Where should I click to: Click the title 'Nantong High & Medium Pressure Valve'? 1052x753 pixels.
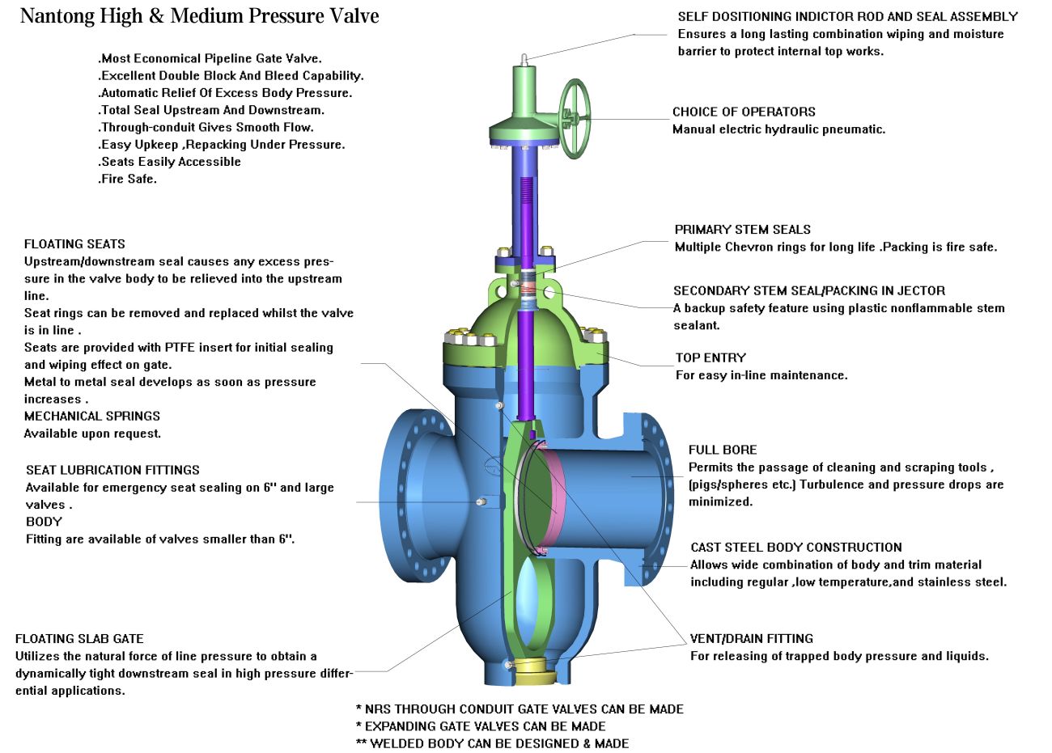tap(199, 16)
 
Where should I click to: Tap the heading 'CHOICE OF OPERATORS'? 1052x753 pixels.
tap(744, 112)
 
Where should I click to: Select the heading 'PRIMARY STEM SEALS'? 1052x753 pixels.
tap(742, 230)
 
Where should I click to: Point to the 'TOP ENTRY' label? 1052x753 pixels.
tap(711, 357)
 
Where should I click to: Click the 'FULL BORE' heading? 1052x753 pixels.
tap(723, 450)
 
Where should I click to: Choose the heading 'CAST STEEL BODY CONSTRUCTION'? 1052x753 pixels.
tap(795, 548)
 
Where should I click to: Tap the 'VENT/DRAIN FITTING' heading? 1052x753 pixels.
tap(751, 639)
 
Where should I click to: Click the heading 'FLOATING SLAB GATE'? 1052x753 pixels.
tap(79, 639)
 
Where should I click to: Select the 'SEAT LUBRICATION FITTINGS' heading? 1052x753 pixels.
tap(112, 470)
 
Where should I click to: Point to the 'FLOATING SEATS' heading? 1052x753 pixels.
tap(74, 244)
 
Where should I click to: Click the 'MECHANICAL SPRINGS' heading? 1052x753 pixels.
tap(92, 417)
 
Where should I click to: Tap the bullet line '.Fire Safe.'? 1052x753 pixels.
tap(127, 179)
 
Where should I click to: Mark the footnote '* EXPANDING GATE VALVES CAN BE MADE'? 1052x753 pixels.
tap(481, 726)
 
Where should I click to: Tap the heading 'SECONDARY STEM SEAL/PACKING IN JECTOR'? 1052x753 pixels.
tap(808, 291)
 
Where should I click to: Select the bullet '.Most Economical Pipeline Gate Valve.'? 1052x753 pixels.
tap(210, 58)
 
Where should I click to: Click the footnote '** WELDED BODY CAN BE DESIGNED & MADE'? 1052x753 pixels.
tap(492, 743)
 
